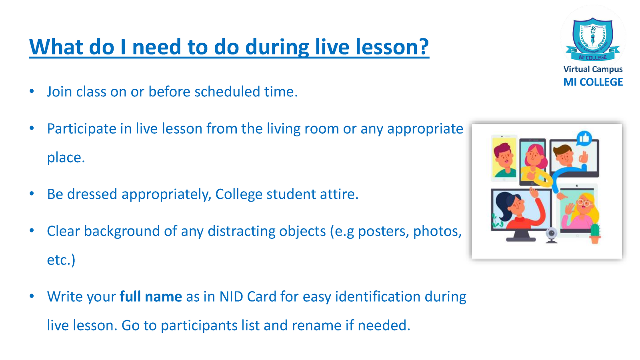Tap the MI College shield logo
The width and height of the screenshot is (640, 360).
coord(593,40)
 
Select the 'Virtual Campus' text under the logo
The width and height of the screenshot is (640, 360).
coord(593,70)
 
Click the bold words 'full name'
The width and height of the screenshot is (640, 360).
coord(150,296)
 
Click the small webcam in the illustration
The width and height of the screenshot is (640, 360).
coord(552,235)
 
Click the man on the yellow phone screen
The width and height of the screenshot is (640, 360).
coord(504,160)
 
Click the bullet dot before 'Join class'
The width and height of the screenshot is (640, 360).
coord(32,92)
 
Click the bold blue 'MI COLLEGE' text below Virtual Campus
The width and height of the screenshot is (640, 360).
coord(593,82)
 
